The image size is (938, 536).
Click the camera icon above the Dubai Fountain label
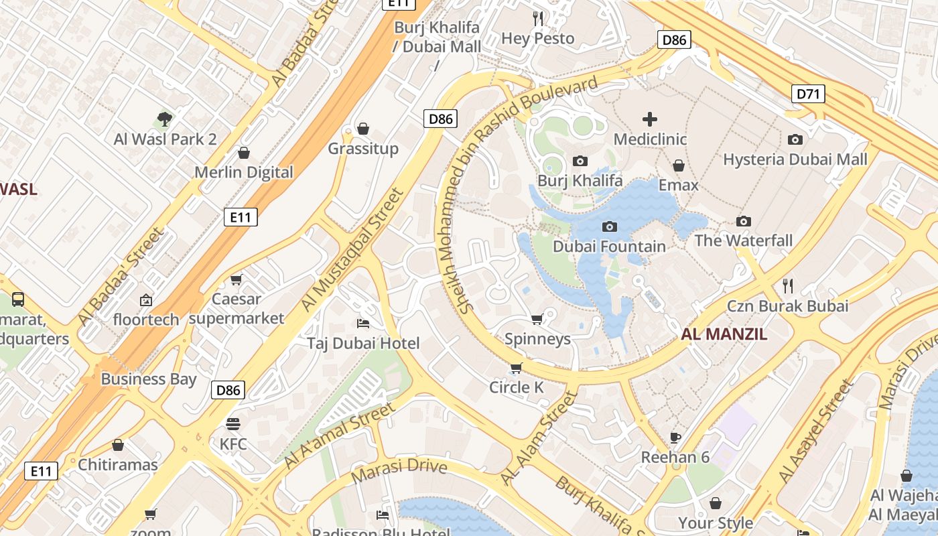[609, 226]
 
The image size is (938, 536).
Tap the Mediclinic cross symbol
[649, 120]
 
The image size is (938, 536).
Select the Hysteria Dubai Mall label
[795, 159]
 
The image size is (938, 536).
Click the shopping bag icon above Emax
[678, 165]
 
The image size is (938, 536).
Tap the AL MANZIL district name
[724, 334]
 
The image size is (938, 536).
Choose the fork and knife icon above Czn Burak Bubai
[788, 286]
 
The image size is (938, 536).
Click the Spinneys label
[537, 339]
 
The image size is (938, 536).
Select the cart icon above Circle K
[516, 368]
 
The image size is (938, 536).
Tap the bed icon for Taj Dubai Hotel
[363, 324]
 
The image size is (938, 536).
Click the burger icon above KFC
[233, 424]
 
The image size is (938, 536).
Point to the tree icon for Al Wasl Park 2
[165, 120]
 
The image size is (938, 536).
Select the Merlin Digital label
[244, 172]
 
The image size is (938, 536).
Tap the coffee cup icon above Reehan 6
[675, 438]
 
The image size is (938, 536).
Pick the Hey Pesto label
[537, 39]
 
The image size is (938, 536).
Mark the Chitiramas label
[118, 464]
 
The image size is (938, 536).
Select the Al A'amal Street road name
[340, 435]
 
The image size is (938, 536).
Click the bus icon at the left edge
[18, 299]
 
